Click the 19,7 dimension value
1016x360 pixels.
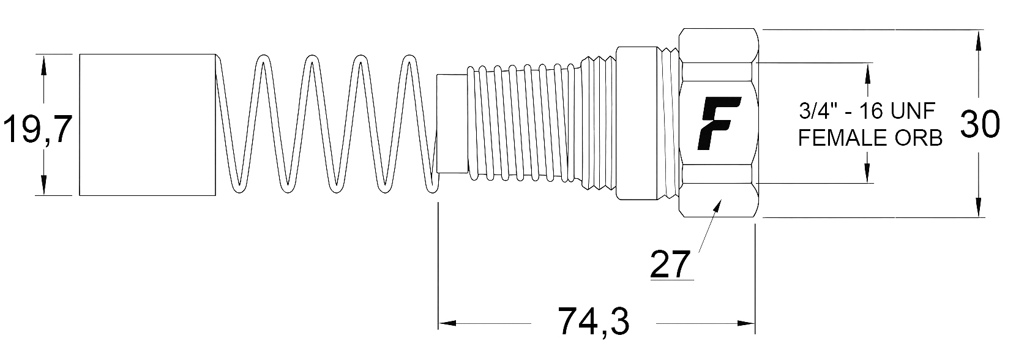tap(38, 129)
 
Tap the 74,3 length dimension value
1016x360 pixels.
tap(593, 322)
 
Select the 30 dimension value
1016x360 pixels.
tap(980, 124)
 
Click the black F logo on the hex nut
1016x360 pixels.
tap(719, 123)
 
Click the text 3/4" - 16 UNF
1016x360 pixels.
tap(867, 111)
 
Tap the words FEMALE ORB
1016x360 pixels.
tap(870, 138)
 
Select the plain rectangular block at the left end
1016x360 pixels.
tap(148, 124)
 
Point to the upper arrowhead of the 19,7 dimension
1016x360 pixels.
tap(44, 64)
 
